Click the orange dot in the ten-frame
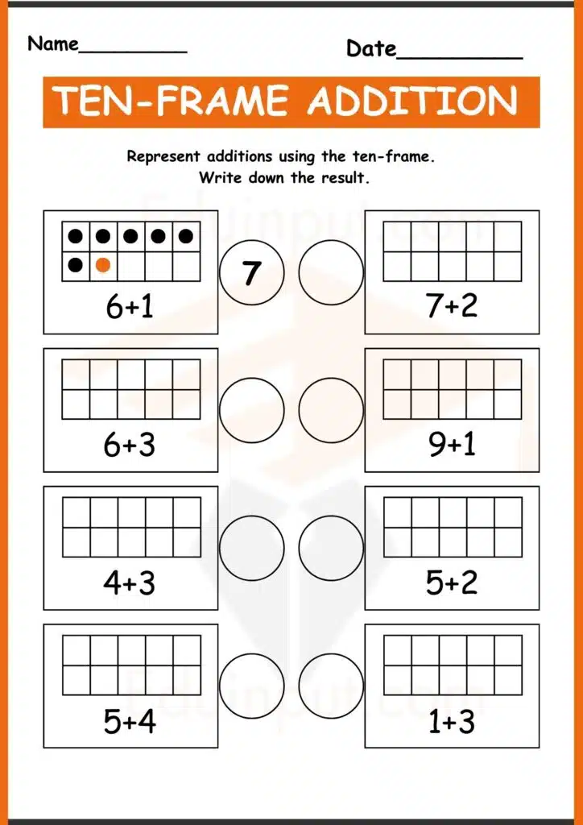(103, 264)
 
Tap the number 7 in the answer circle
(251, 272)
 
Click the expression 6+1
(130, 306)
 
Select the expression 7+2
(452, 306)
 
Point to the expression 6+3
(130, 445)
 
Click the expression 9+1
(452, 445)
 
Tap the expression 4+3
(130, 582)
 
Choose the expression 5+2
(452, 582)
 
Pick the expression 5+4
(130, 721)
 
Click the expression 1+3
(452, 721)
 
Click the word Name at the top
(53, 44)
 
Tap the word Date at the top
(371, 48)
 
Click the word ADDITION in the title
(412, 102)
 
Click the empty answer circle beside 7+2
(331, 272)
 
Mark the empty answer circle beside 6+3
(251, 410)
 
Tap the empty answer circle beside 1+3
(331, 686)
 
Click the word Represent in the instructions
(163, 157)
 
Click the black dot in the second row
(76, 264)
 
